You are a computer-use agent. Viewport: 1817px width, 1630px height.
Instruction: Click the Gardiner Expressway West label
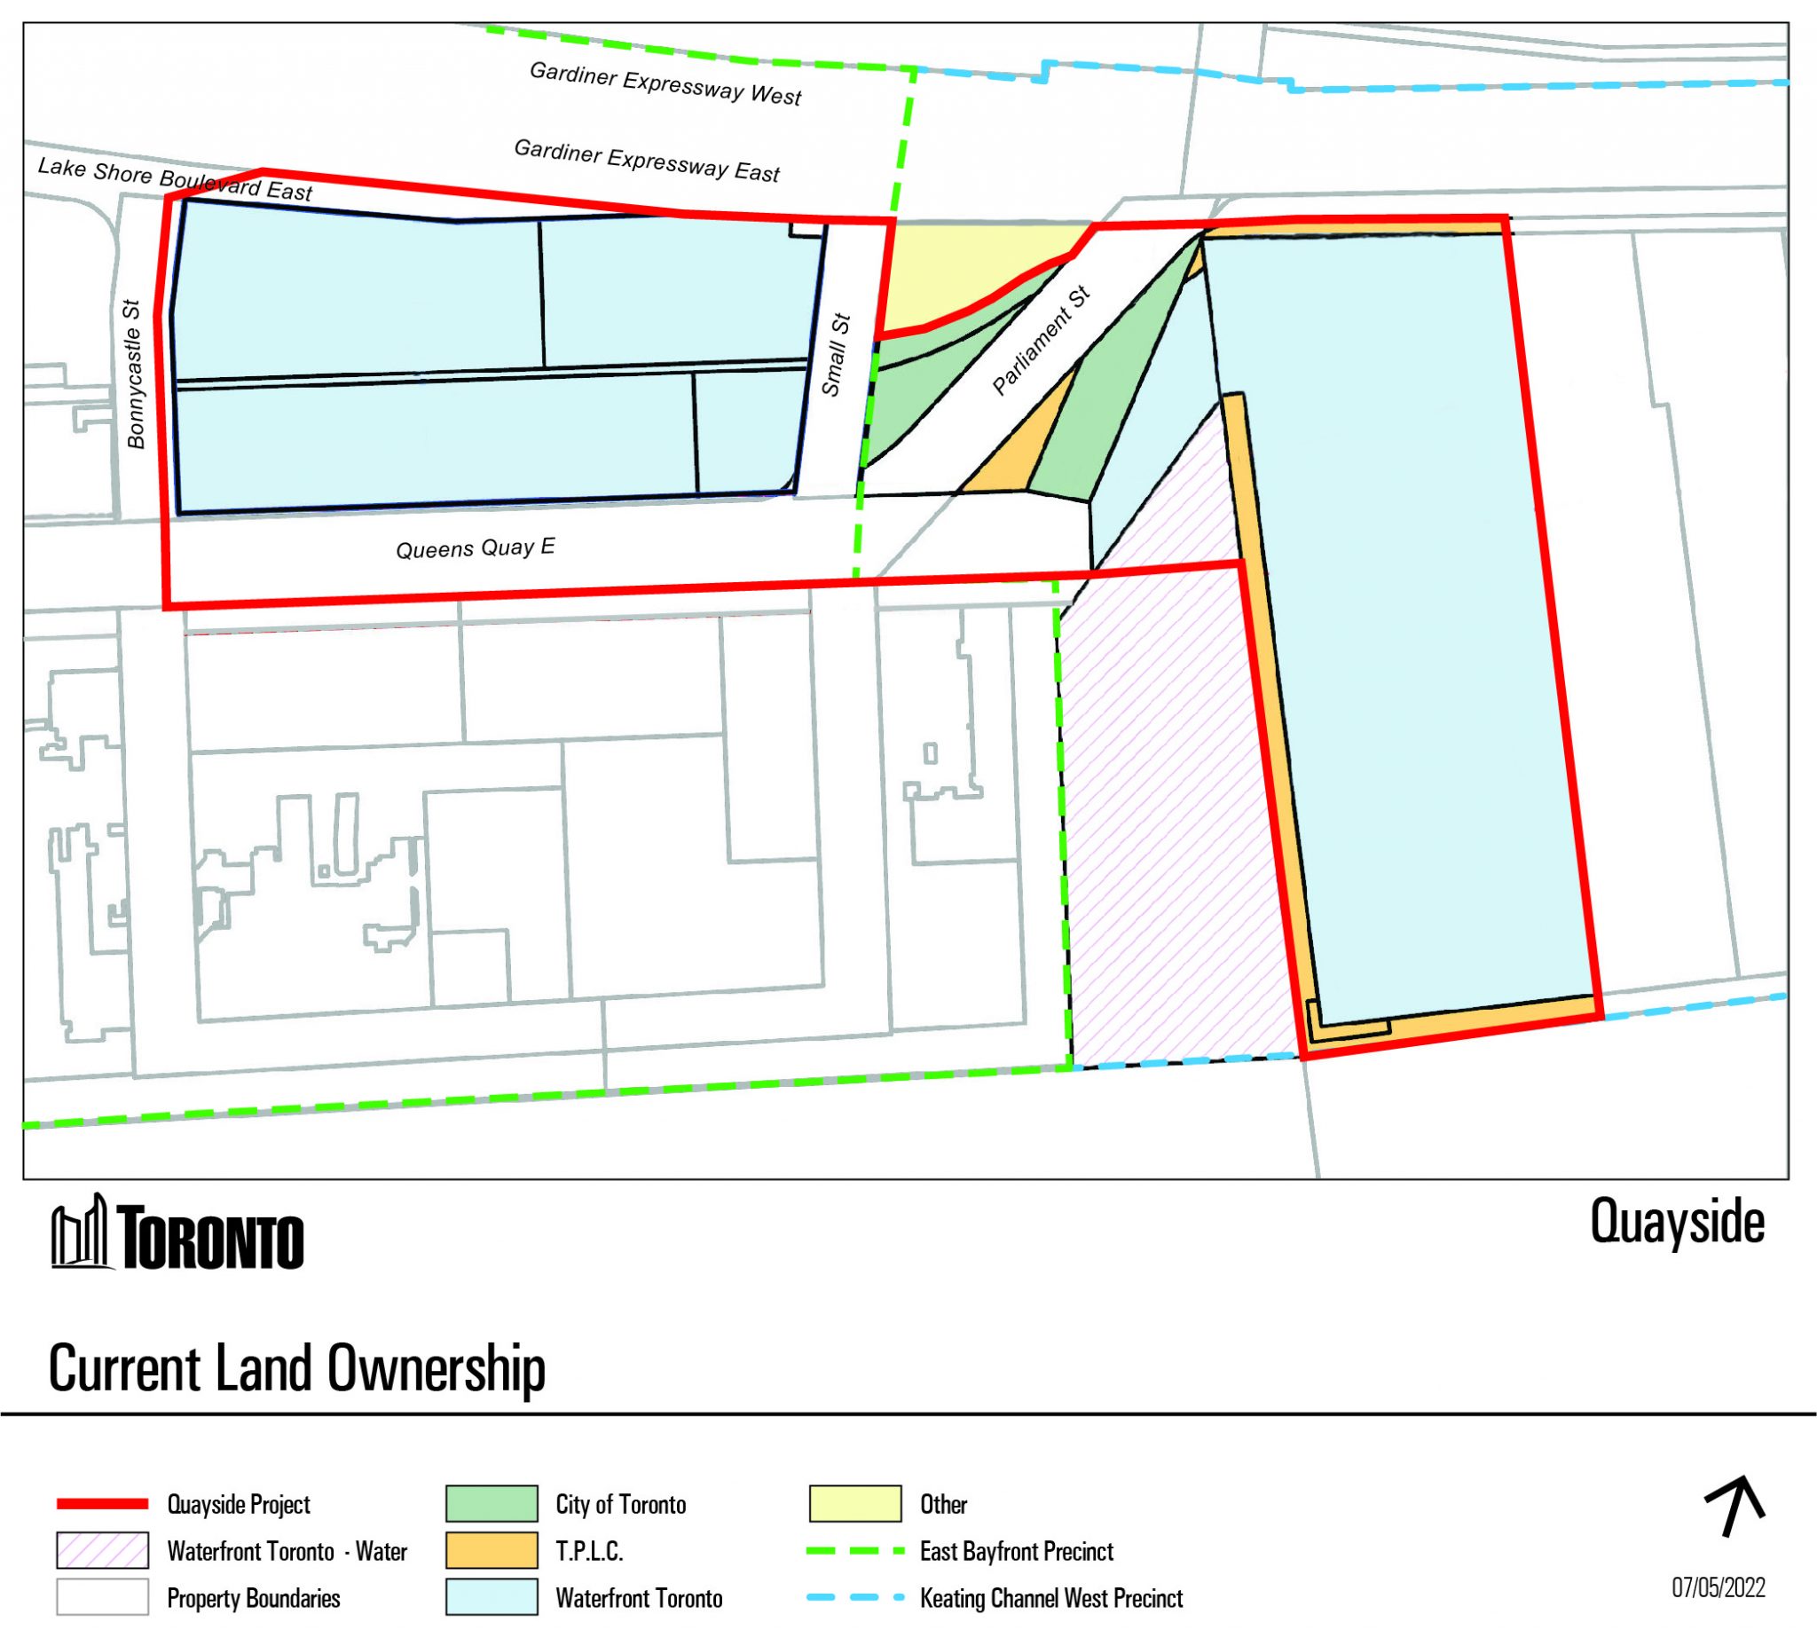click(665, 84)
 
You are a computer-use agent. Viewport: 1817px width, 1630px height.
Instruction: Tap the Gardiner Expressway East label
click(647, 161)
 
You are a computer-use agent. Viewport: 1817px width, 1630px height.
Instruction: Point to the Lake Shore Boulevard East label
click(175, 179)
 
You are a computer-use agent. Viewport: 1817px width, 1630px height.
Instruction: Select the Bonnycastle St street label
click(134, 374)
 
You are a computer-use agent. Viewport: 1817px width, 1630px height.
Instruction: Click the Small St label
click(835, 355)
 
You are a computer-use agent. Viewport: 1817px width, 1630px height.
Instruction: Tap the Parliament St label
click(1042, 341)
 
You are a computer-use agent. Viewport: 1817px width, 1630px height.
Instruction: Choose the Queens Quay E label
click(475, 547)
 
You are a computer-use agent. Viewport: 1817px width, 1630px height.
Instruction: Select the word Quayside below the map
click(1677, 1222)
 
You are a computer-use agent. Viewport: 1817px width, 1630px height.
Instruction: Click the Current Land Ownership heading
click(296, 1368)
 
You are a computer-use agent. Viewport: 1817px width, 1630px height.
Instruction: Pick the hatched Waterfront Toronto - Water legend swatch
click(102, 1551)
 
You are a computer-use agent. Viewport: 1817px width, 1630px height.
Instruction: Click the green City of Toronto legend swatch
click(492, 1504)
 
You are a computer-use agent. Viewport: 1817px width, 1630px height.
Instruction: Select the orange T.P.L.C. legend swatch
click(492, 1551)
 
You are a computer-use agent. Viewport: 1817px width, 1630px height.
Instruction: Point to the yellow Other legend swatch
click(854, 1504)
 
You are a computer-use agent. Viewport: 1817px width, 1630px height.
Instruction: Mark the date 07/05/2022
click(1719, 1588)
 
